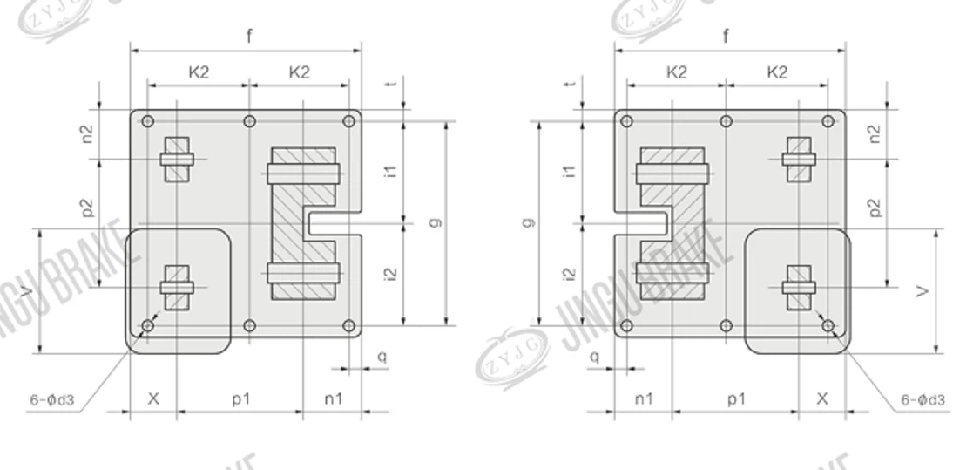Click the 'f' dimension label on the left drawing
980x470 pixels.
pyautogui.click(x=250, y=37)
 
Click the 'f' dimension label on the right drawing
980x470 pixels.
pyautogui.click(x=726, y=37)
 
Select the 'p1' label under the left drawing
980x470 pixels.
pyautogui.click(x=241, y=398)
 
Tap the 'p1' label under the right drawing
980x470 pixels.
pyautogui.click(x=736, y=398)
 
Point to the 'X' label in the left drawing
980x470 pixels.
pyautogui.click(x=153, y=398)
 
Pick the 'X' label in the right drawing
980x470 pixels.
pyautogui.click(x=822, y=398)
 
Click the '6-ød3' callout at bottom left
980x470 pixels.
pyautogui.click(x=52, y=400)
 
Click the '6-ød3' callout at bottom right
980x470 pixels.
pyautogui.click(x=923, y=400)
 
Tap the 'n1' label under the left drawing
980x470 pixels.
pyautogui.click(x=334, y=398)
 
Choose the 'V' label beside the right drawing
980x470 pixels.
pyautogui.click(x=924, y=291)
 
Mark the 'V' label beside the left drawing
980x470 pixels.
pyautogui.click(x=53, y=291)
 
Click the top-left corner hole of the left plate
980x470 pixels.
pyautogui.click(x=148, y=121)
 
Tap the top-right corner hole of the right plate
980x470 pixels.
pyautogui.click(x=828, y=121)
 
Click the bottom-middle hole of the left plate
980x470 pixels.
pyautogui.click(x=250, y=326)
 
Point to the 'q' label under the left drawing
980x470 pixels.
pyautogui.click(x=381, y=356)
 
